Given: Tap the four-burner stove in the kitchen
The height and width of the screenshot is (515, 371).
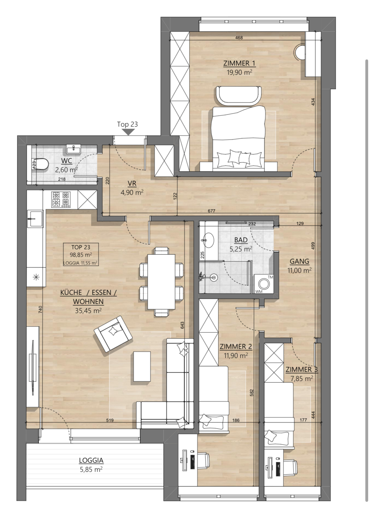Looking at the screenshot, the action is click(x=61, y=199).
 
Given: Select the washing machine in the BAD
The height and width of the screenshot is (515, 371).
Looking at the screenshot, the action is click(x=264, y=284).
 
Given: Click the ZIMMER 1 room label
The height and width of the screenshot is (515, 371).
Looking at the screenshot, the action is click(x=239, y=64).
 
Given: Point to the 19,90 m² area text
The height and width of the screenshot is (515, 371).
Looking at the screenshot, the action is click(x=239, y=72).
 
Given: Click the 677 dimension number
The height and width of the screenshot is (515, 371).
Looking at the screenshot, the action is click(x=211, y=211).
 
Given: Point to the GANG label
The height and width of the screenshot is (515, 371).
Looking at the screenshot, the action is click(x=299, y=261).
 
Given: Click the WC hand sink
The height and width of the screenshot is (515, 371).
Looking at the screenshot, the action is click(x=73, y=149).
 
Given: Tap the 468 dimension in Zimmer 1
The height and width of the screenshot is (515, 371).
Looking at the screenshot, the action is click(x=239, y=38).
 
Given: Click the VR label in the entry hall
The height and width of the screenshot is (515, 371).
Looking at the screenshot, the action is click(x=132, y=184).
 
